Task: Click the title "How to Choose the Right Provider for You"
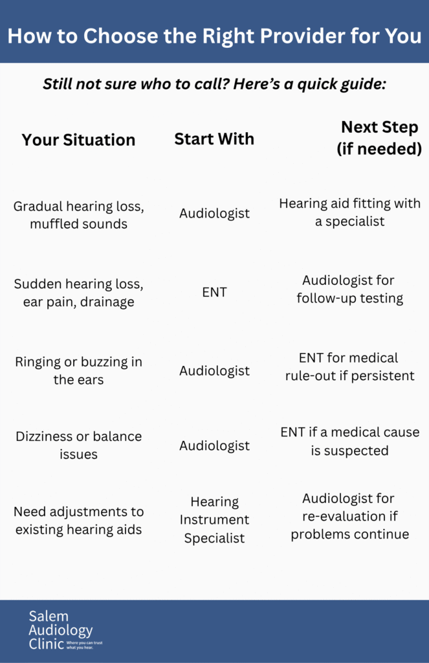214,36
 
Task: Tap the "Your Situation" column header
78,140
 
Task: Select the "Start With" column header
214,139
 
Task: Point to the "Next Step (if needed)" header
379,138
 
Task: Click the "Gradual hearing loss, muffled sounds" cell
78,215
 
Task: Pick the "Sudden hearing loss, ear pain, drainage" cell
78,292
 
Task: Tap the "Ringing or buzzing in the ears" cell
78,370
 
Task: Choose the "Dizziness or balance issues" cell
78,445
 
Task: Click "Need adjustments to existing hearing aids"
78,521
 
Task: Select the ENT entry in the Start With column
214,292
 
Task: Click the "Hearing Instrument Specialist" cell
214,520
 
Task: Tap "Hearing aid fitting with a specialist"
349,212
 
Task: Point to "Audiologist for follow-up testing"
349,289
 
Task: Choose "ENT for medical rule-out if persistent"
349,366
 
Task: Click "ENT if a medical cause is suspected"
349,441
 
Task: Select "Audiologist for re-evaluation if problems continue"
349,516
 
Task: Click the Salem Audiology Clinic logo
65,629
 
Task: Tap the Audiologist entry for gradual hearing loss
214,213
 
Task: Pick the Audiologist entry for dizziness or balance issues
214,445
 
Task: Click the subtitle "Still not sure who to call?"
214,84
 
